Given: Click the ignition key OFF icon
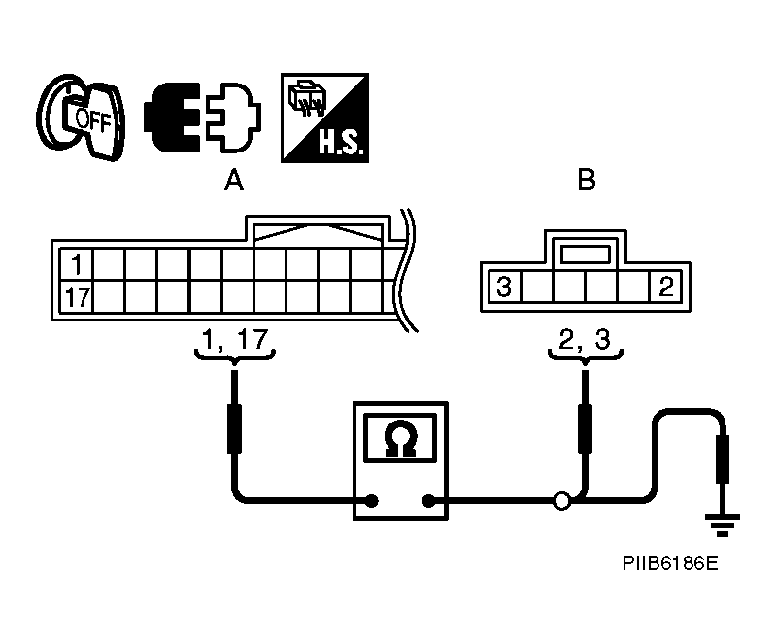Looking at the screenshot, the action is tap(81, 117).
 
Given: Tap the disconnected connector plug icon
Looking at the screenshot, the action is tap(202, 118).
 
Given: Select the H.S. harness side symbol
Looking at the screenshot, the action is tap(324, 118).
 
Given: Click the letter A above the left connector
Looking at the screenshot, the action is tap(234, 180).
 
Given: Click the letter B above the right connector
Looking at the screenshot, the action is tap(587, 180).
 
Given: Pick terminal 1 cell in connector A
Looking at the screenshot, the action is tap(76, 264).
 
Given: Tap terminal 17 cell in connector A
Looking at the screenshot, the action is tap(76, 297).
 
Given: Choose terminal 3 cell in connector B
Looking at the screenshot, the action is tap(504, 287).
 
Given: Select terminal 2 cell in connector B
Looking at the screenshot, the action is tap(666, 287).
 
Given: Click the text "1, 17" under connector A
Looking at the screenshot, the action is tap(235, 339).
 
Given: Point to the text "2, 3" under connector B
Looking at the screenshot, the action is tap(585, 339).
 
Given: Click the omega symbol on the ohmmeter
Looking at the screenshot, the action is tap(400, 438).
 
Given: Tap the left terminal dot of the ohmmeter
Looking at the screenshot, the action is tap(372, 501).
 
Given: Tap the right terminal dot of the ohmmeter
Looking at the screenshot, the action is tap(428, 501).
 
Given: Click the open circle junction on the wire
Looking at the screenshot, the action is tap(561, 501).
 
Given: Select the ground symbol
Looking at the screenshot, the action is tap(723, 525).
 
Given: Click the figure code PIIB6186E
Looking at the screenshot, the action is tap(670, 563).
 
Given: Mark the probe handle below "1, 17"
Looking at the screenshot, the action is tap(235, 428).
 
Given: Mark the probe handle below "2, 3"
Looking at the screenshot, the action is tap(585, 428).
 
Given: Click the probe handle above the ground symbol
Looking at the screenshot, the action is tap(723, 458).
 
